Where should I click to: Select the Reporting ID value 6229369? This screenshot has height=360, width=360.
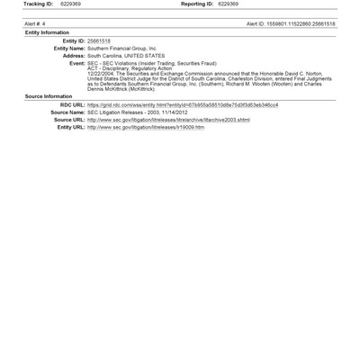[x=228, y=4]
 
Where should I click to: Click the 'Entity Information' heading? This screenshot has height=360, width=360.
[x=47, y=31]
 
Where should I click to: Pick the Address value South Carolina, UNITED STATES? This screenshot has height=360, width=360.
[x=126, y=56]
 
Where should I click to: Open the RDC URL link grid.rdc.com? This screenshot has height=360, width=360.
[x=182, y=104]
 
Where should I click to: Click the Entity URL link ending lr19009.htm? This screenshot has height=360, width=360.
[x=146, y=127]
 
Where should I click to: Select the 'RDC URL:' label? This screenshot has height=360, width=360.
[x=71, y=104]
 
